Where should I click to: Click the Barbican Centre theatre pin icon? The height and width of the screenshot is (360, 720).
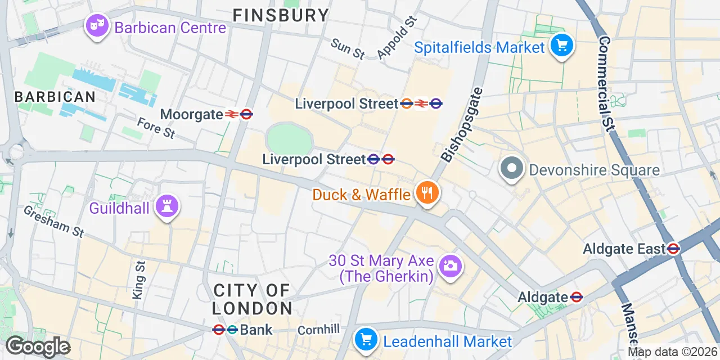(x=97, y=26)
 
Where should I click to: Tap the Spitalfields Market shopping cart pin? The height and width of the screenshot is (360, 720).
(x=561, y=45)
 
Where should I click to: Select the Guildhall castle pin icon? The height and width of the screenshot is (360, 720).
(x=167, y=206)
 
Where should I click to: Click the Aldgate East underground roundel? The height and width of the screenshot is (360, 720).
(x=673, y=248)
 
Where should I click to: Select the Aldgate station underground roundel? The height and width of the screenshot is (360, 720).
(x=576, y=297)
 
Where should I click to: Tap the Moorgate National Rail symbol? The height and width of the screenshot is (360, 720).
(x=231, y=114)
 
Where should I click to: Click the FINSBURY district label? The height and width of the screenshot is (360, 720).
(x=281, y=15)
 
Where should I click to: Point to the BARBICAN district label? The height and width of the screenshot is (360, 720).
(x=55, y=96)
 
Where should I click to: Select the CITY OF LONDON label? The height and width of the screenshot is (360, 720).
(x=253, y=299)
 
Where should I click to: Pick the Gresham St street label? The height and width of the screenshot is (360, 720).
(x=53, y=220)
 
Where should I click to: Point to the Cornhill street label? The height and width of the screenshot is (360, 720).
(x=319, y=330)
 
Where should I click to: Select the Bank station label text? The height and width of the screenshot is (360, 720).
(x=256, y=330)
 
